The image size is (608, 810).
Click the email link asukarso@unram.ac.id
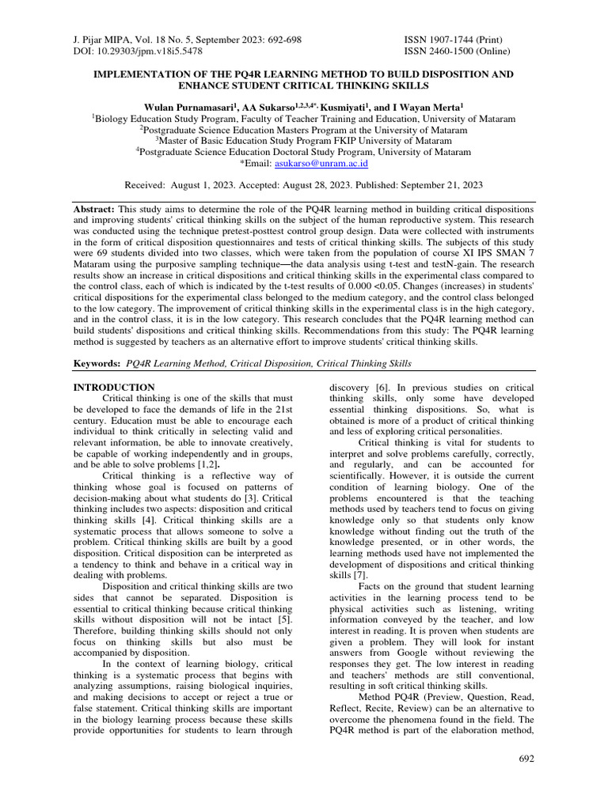(321, 164)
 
